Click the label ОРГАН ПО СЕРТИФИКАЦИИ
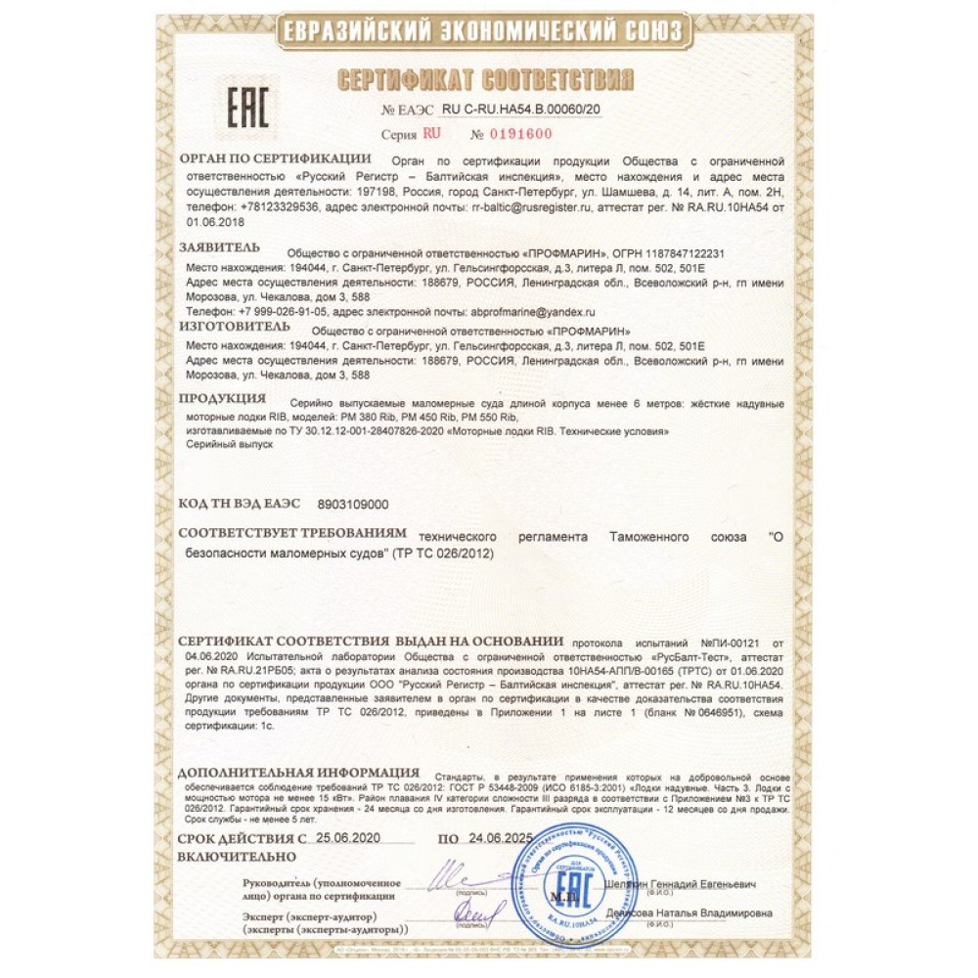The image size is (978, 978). [x=275, y=158]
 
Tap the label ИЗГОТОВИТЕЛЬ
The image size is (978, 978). [x=234, y=327]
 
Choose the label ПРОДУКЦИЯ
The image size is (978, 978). [x=223, y=400]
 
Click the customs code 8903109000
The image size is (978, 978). [x=354, y=505]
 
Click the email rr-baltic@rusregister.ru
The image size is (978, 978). [x=533, y=208]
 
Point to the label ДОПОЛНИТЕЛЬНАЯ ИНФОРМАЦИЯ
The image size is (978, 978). [x=300, y=773]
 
